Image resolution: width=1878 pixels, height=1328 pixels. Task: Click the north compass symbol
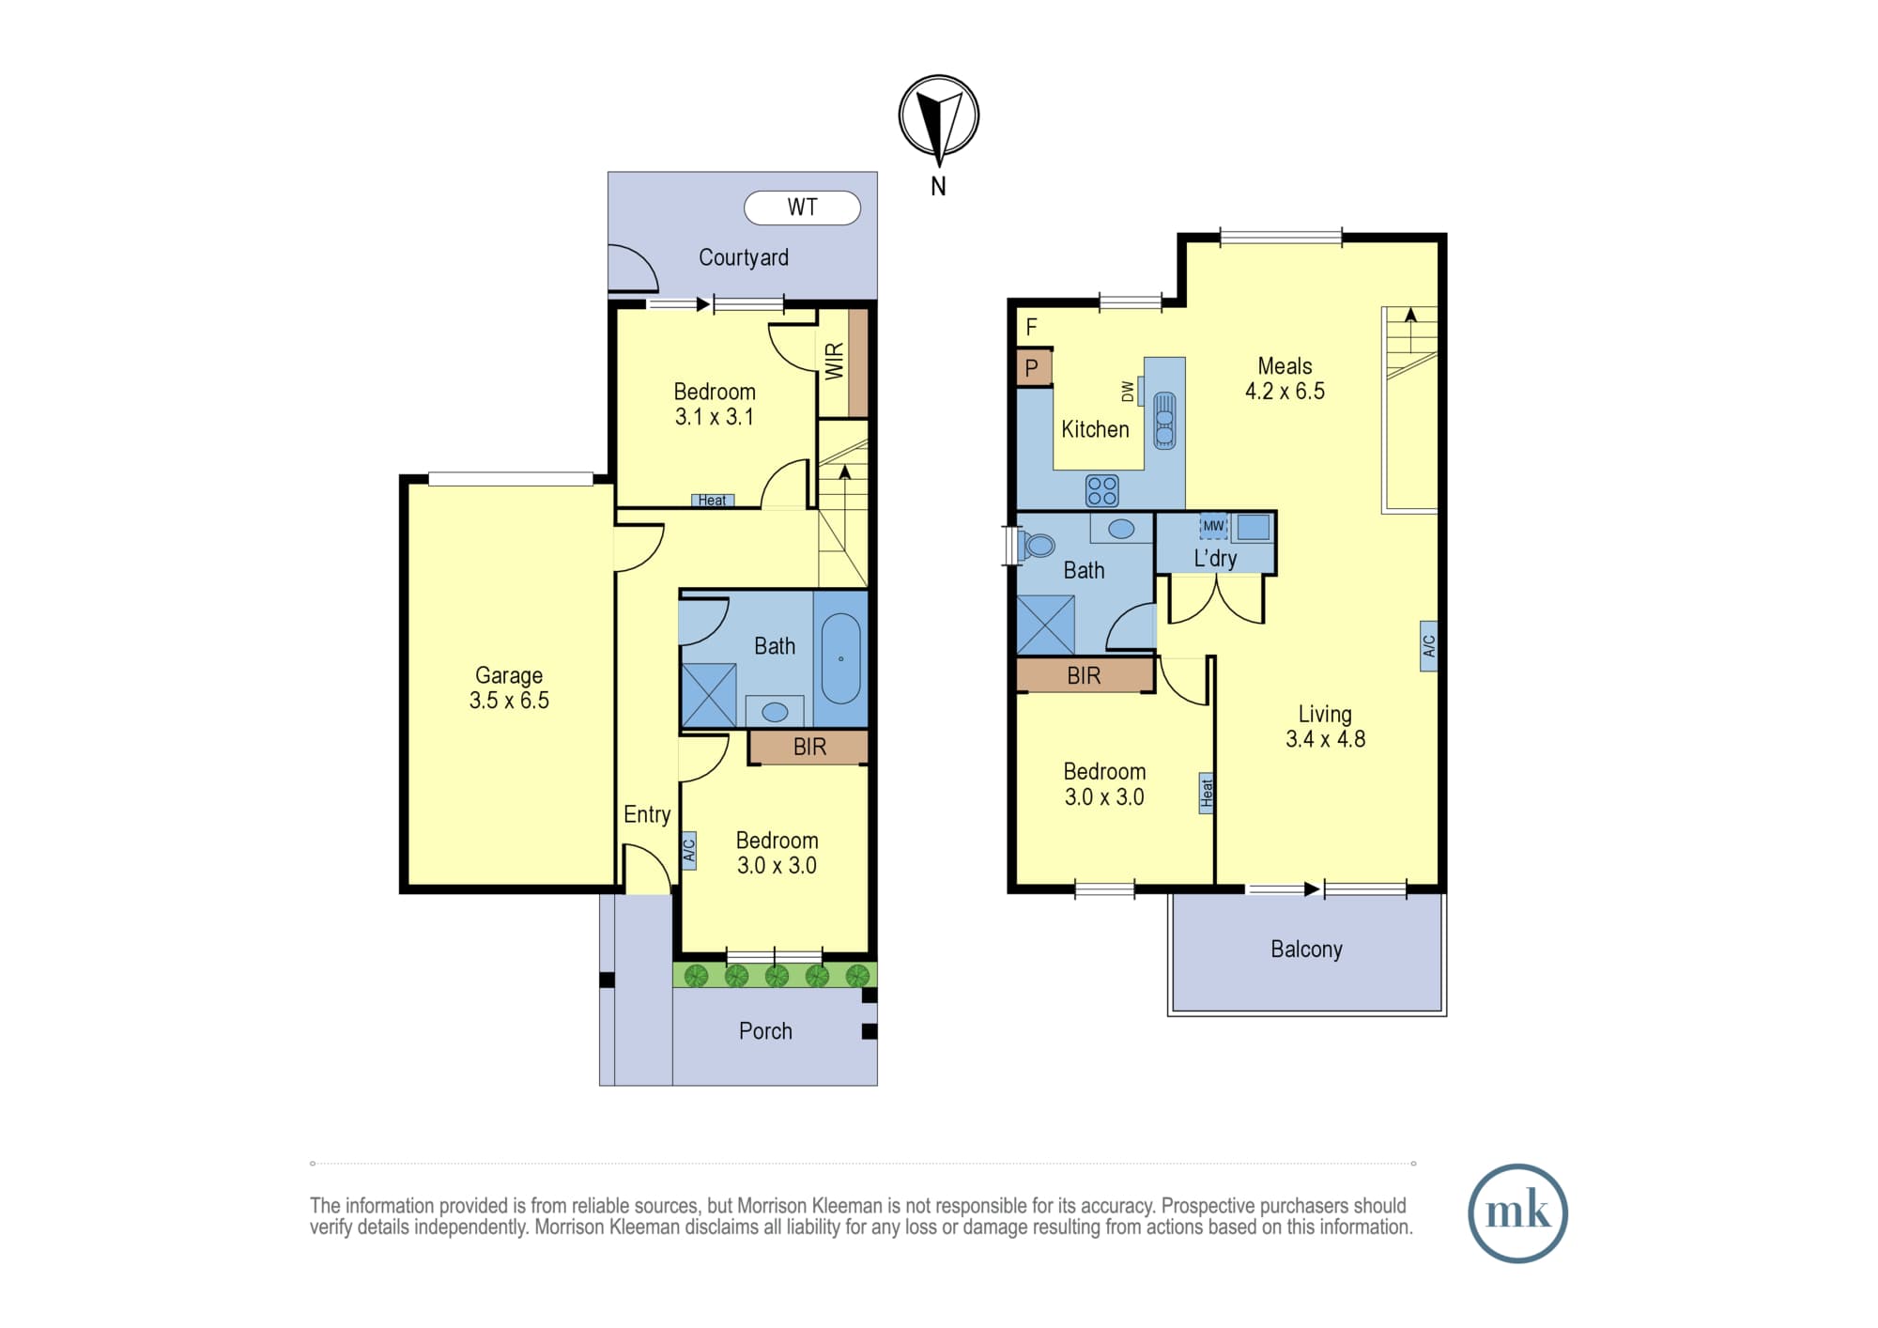pos(939,116)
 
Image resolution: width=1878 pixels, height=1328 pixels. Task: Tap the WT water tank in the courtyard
pos(802,208)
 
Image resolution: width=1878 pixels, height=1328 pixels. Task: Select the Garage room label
pos(509,675)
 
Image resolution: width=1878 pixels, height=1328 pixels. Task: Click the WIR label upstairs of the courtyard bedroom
pos(834,362)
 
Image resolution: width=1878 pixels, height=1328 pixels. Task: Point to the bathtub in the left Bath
pos(840,659)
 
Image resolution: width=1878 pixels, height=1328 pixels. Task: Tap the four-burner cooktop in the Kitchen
pos(1101,490)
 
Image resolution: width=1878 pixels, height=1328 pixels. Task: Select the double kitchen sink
pos(1164,420)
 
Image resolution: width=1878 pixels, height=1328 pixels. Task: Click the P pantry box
pos(1032,368)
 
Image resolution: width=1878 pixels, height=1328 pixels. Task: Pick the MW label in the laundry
pos(1213,526)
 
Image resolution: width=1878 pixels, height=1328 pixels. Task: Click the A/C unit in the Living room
pos(1428,646)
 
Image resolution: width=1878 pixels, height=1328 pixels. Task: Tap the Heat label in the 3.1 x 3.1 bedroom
pos(712,501)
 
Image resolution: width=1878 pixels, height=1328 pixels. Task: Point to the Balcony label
pos(1306,950)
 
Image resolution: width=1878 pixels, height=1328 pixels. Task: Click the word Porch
pos(765,1031)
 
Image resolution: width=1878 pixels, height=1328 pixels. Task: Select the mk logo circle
pos(1517,1213)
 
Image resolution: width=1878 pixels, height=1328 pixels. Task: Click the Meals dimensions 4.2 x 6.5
pos(1285,392)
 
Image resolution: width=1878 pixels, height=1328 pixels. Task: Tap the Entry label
pos(647,814)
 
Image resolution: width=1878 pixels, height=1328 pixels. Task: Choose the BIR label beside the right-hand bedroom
pos(1084,675)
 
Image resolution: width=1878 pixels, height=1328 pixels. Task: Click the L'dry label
pos(1215,558)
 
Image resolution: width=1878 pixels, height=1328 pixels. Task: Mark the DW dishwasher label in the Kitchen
pos(1127,391)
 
